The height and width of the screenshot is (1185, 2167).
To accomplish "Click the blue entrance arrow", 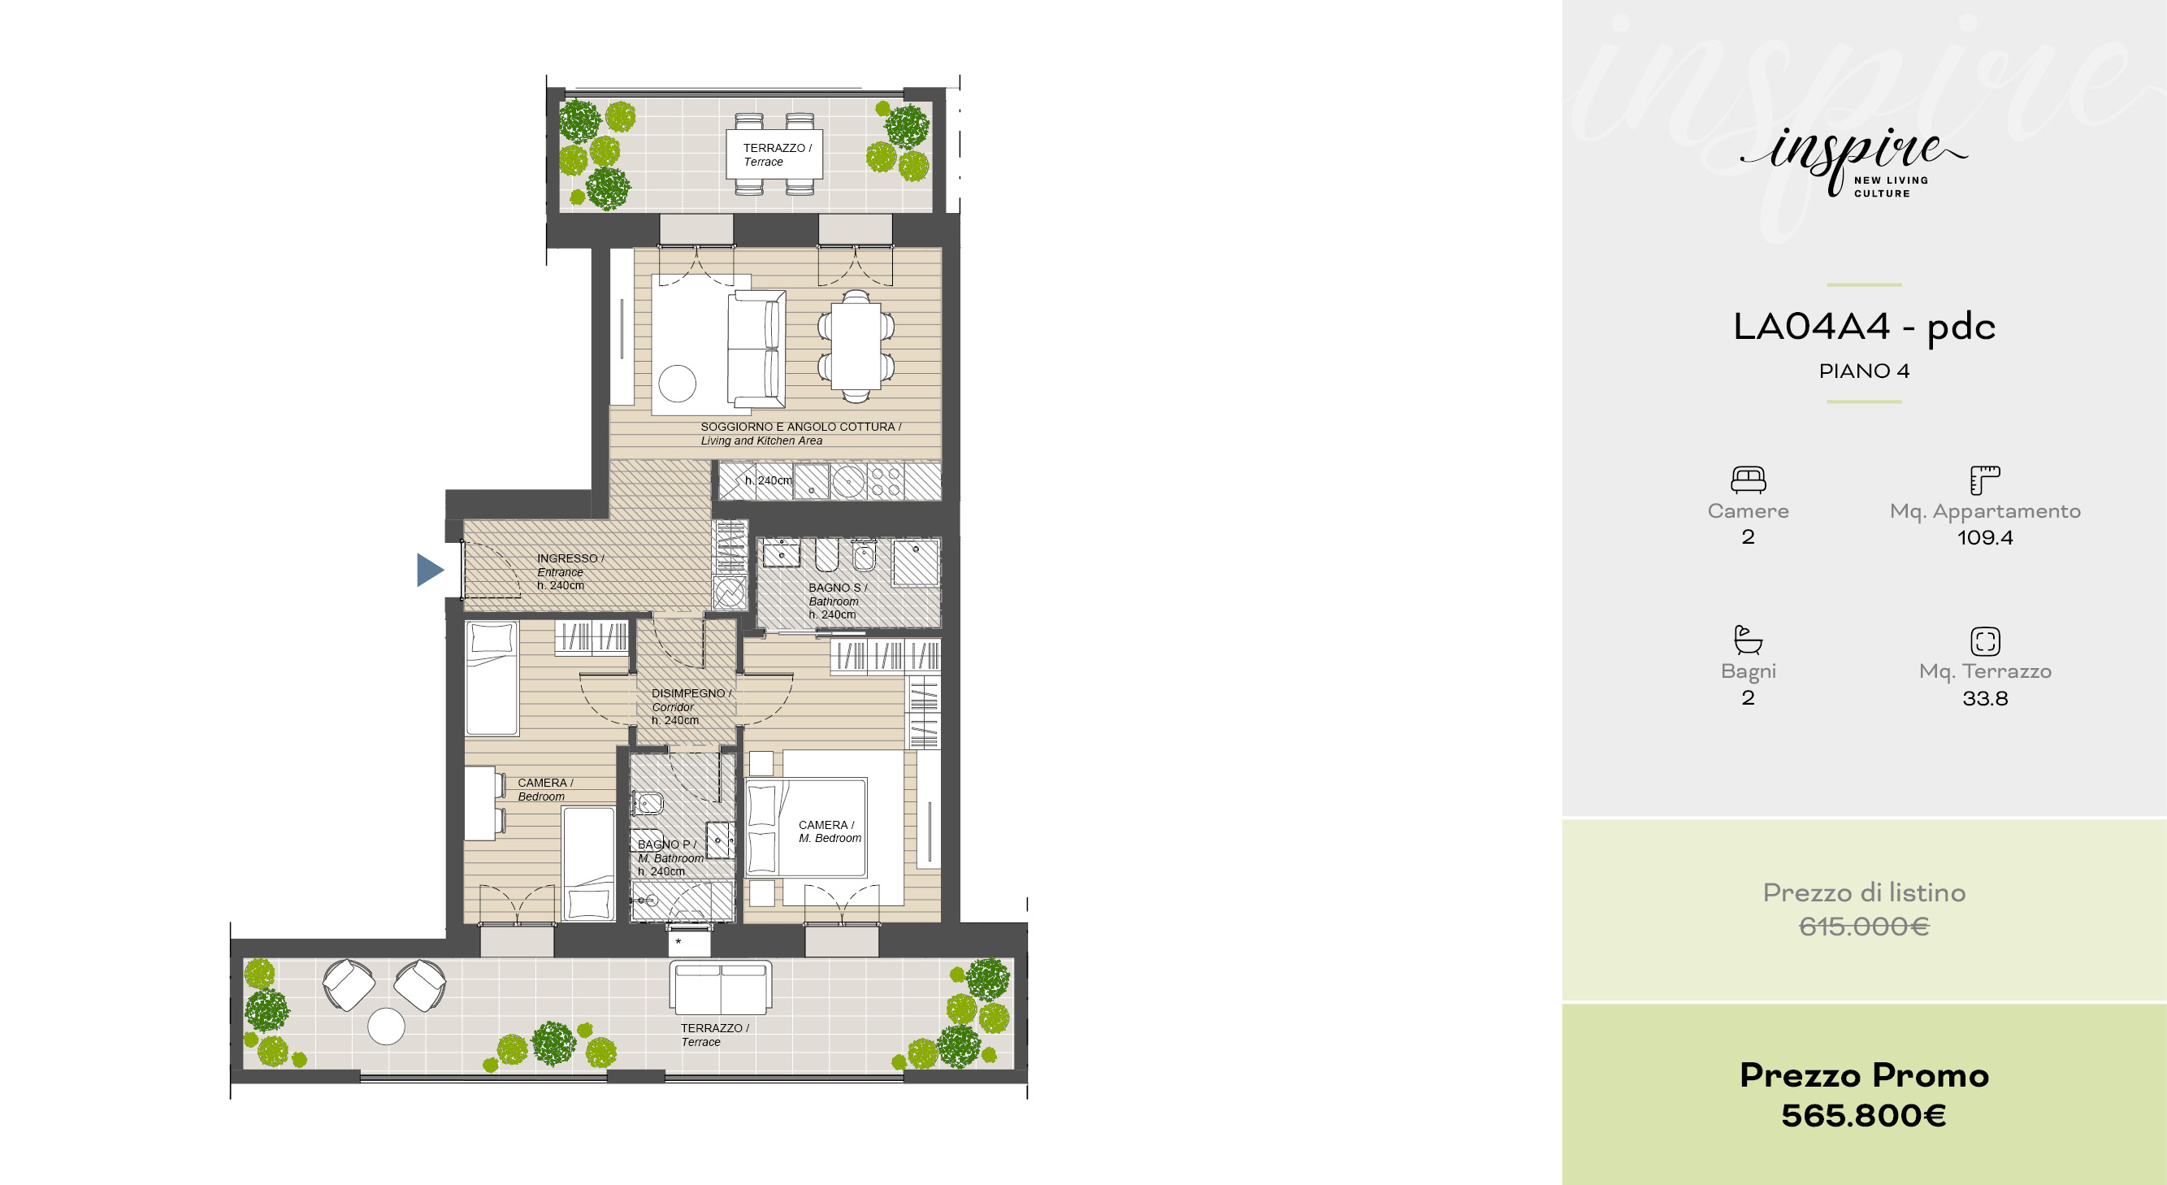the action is [x=428, y=570].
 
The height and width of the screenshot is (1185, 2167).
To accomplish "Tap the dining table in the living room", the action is [x=856, y=345].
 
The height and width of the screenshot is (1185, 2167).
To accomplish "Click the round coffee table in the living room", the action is [x=677, y=384].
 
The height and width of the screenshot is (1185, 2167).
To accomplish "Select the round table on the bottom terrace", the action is [x=386, y=1027].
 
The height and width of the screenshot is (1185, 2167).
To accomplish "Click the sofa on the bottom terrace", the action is [x=721, y=988].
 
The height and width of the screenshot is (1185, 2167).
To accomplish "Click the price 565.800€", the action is [x=1863, y=1116].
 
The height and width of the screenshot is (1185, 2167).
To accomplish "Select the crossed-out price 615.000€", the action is [x=1864, y=927].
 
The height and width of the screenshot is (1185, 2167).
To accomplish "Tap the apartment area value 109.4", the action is [x=1985, y=538].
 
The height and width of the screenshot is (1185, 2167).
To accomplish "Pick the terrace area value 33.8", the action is [x=1985, y=698].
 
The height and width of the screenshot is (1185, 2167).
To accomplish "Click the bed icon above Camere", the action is [x=1748, y=480].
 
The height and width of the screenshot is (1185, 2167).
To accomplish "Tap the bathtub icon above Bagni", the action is [x=1748, y=640].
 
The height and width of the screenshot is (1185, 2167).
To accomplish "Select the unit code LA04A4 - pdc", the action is [x=1864, y=327].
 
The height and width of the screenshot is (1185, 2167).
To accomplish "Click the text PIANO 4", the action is [x=1864, y=371].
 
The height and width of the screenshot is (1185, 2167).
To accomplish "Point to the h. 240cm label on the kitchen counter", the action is [x=768, y=480].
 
